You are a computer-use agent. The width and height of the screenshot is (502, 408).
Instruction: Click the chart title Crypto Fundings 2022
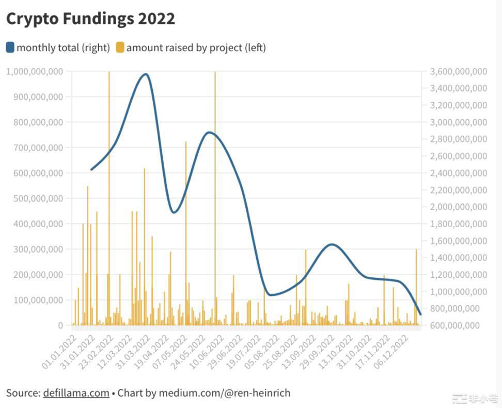click(90, 19)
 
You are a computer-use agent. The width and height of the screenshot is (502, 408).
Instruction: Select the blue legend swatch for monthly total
click(10, 48)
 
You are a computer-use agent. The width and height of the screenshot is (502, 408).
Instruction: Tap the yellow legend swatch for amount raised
click(120, 48)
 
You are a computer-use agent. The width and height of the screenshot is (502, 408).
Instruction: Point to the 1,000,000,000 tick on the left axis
click(35, 71)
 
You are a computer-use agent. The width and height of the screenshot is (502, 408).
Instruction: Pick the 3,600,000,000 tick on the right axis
click(458, 71)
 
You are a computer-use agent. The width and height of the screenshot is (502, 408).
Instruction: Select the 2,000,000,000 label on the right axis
click(458, 207)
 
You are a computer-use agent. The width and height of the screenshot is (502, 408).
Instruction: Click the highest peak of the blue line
click(146, 74)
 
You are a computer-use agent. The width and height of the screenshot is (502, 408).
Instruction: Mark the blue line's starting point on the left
click(91, 169)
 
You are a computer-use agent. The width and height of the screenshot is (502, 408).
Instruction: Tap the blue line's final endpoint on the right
click(420, 314)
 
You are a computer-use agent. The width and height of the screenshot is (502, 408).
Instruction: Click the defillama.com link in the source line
click(76, 393)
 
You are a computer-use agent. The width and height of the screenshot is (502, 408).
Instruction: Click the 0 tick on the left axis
click(60, 325)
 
